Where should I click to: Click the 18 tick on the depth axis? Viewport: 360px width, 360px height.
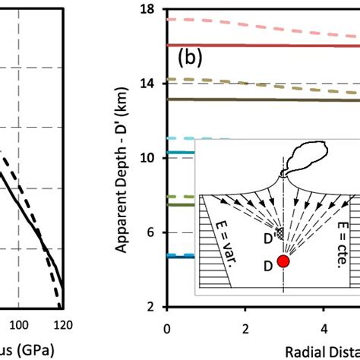(x=148, y=9)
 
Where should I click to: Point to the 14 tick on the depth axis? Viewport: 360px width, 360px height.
(x=148, y=84)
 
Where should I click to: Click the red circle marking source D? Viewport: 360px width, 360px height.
(x=283, y=261)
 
